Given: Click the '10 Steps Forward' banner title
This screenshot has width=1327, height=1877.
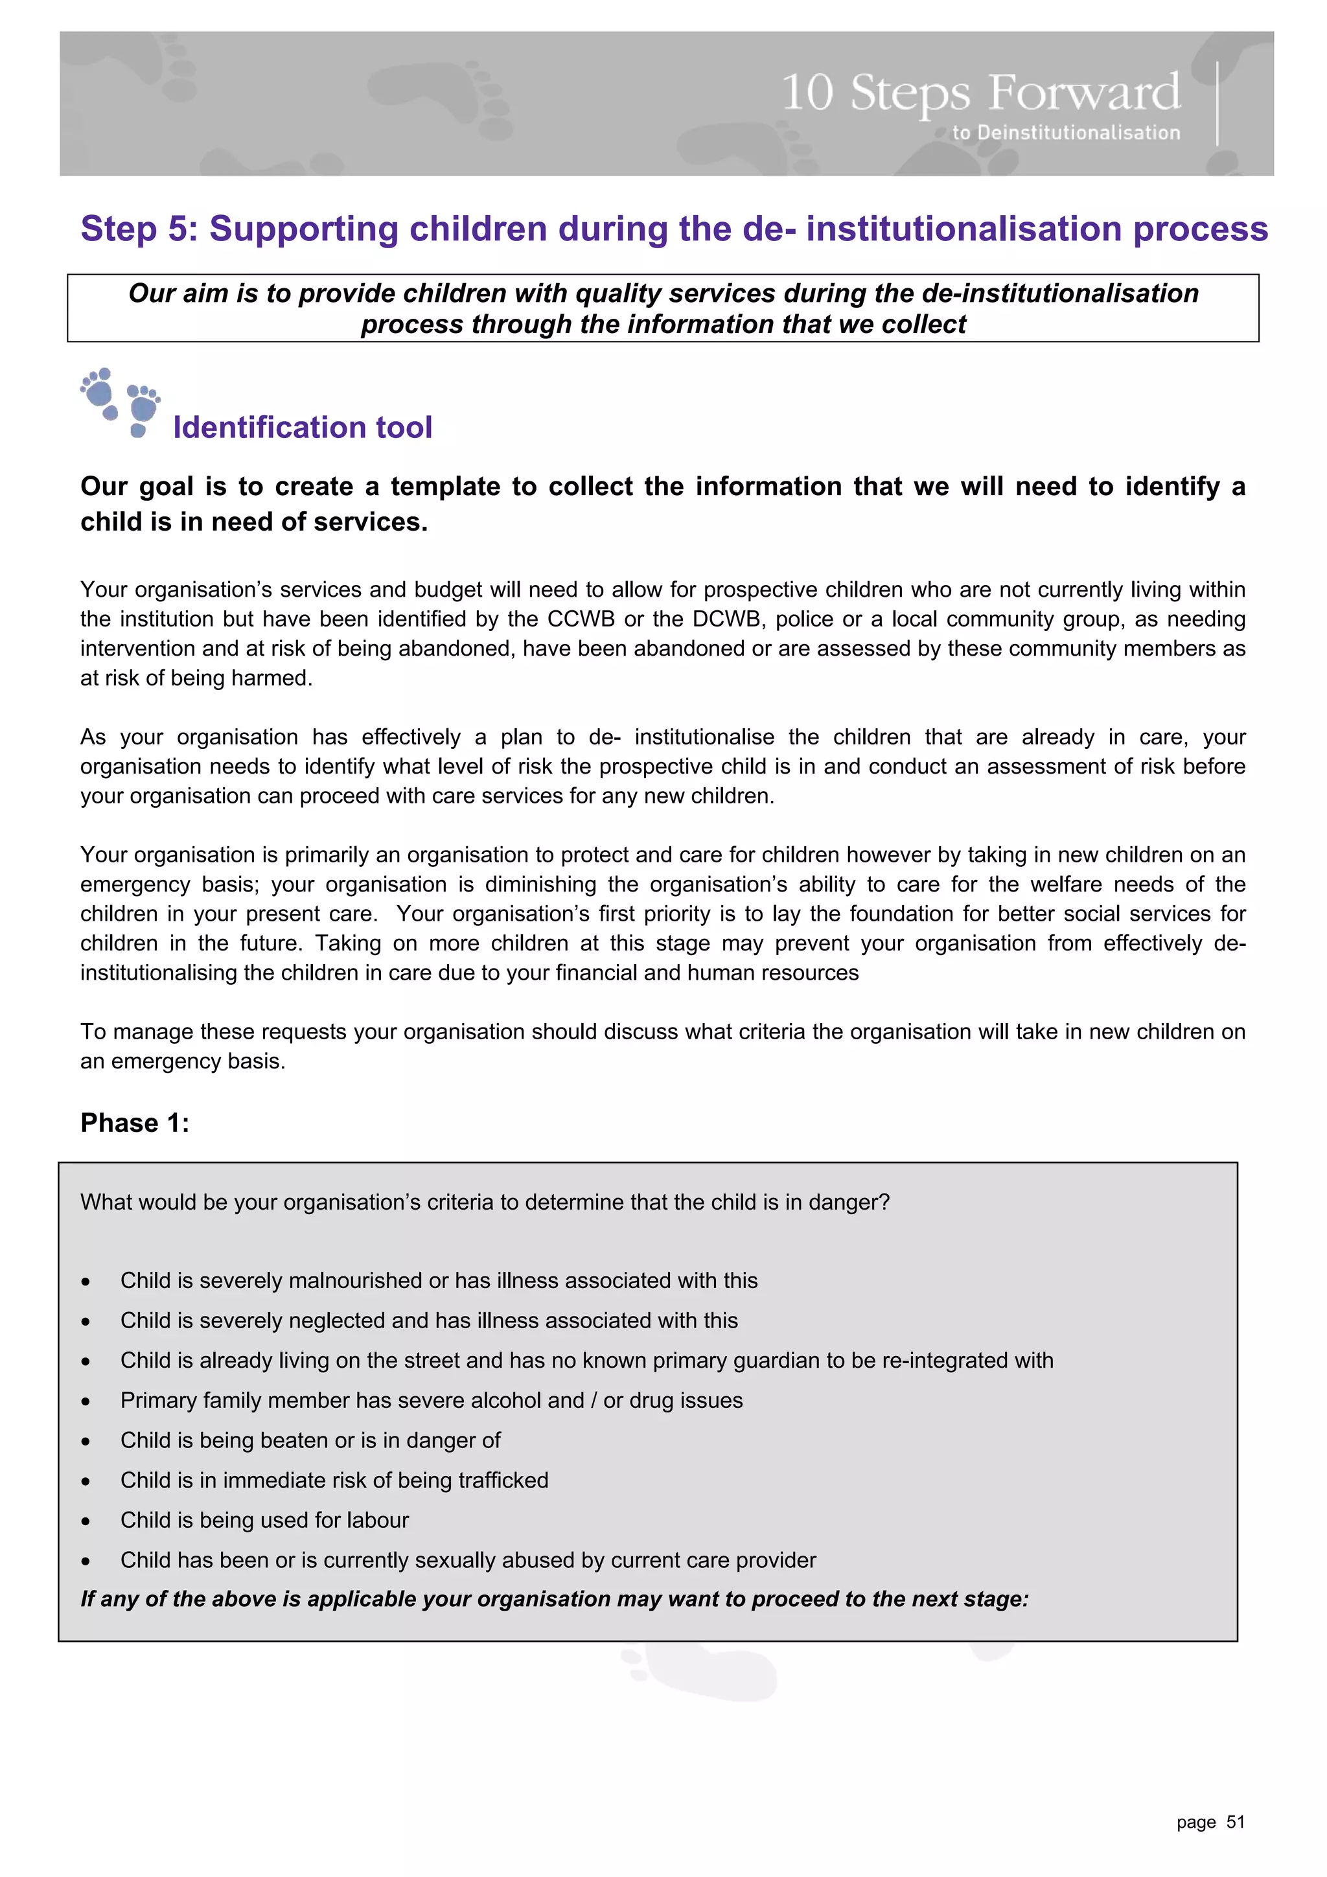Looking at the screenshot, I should (980, 93).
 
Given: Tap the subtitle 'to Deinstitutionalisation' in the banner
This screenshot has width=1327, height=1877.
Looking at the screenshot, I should (1065, 132).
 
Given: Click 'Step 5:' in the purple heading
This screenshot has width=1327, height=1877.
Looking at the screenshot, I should (139, 229).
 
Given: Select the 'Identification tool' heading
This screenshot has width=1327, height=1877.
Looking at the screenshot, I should (303, 428).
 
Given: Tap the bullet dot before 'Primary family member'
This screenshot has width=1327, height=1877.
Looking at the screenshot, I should (86, 1401).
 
